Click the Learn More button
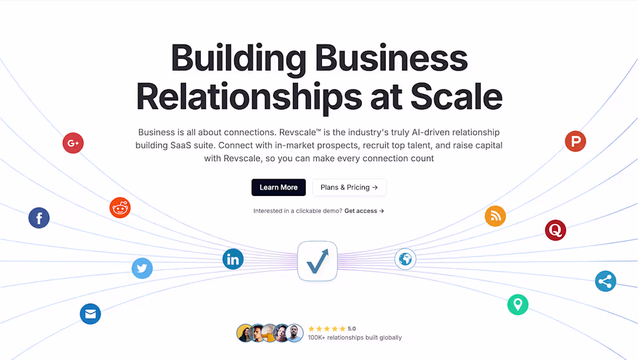(x=278, y=187)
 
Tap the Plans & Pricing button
(x=349, y=187)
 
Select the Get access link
(x=364, y=210)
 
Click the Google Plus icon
(x=73, y=143)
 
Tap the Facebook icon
(x=39, y=217)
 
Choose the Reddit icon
(x=120, y=208)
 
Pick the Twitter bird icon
(x=142, y=268)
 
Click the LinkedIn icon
(x=233, y=259)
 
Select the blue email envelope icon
(x=90, y=314)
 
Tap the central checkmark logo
(x=317, y=261)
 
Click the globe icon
(x=405, y=259)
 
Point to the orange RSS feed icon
(x=495, y=216)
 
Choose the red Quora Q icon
(x=556, y=230)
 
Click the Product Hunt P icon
(x=575, y=141)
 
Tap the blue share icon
(x=606, y=281)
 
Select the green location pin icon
(x=518, y=304)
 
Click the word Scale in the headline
(x=456, y=97)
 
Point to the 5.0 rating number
(x=352, y=329)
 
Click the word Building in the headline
(x=238, y=59)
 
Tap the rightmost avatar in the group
(x=294, y=333)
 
